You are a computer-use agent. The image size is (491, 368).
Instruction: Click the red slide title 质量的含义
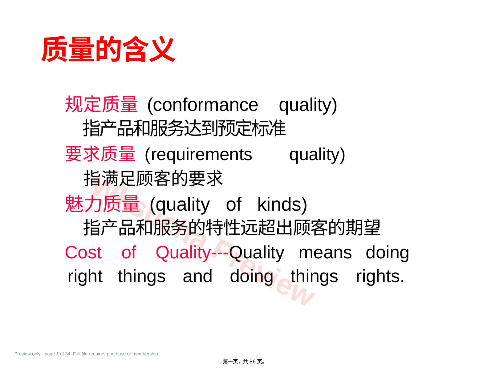click(108, 49)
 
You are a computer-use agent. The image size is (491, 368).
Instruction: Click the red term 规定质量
click(101, 104)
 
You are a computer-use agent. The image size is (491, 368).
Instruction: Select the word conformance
click(205, 105)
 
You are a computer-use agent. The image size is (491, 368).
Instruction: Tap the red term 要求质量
click(100, 154)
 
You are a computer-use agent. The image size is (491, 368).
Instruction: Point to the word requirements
click(201, 155)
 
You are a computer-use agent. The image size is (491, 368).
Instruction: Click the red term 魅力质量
click(102, 204)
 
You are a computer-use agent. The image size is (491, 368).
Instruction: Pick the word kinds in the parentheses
click(279, 204)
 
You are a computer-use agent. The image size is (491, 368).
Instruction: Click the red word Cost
click(83, 253)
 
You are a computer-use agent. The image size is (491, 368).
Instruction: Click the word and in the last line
click(197, 276)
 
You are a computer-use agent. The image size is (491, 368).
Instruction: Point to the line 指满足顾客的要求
click(153, 178)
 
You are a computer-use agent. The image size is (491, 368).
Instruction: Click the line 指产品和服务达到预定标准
click(184, 128)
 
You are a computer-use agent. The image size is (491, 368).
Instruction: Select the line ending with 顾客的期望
click(232, 228)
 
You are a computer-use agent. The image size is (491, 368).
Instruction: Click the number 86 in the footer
click(252, 362)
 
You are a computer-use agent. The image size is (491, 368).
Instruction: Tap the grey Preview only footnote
click(87, 354)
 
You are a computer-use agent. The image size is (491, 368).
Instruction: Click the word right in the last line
click(85, 277)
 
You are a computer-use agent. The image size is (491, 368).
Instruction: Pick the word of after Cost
click(129, 253)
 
